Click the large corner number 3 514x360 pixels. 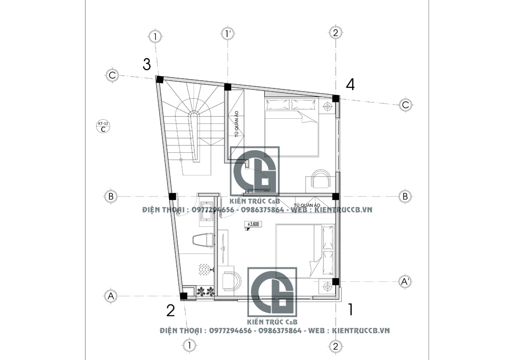[147, 65]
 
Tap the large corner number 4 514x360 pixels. [350, 85]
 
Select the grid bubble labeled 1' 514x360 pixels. [228, 34]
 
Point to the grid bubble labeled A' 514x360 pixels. [405, 281]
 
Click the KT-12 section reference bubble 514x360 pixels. [103, 127]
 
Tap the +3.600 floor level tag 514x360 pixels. [253, 225]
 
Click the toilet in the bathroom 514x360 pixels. [202, 240]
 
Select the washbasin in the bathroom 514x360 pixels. [207, 210]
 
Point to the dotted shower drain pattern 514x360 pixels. [205, 269]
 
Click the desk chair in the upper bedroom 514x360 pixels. [321, 177]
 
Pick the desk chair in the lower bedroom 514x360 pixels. [232, 280]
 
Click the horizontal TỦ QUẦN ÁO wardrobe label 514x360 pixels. [307, 205]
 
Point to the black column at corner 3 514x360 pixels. [159, 79]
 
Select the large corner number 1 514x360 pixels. [351, 310]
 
